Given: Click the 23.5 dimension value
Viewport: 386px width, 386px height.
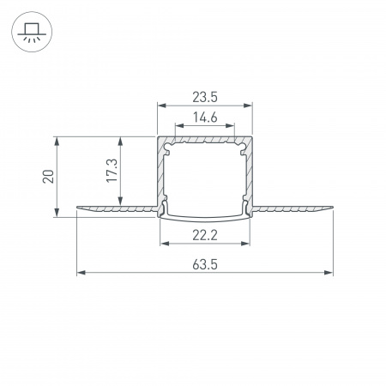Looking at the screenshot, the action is click(x=205, y=97).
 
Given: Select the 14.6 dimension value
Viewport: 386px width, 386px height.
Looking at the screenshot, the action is click(x=205, y=118).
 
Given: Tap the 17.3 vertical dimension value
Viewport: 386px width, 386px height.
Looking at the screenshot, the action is click(x=112, y=171).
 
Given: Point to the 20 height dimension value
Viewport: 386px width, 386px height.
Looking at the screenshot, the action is click(x=48, y=177).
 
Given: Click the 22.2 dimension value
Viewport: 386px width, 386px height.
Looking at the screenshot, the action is click(x=205, y=235).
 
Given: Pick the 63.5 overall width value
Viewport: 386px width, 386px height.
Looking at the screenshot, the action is click(x=205, y=264).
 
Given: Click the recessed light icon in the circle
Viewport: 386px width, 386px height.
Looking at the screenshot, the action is click(x=32, y=32).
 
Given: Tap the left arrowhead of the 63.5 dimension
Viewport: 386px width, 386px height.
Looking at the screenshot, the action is click(x=81, y=273).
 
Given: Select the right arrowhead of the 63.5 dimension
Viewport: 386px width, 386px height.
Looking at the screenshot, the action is click(x=329, y=273).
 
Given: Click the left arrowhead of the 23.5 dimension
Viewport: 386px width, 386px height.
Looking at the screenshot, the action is click(x=162, y=106).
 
